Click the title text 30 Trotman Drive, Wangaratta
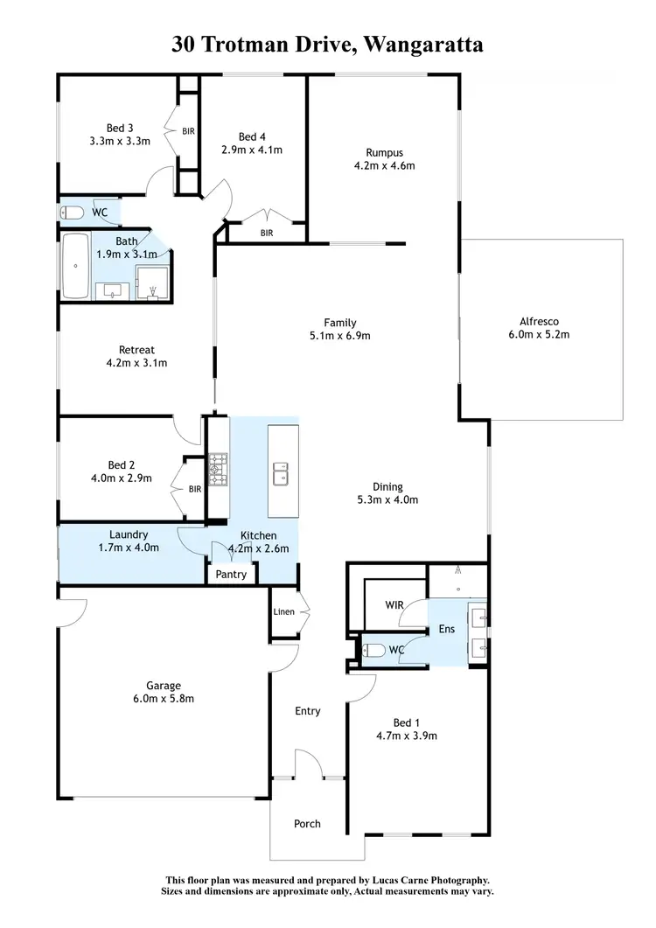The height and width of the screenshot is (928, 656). click(328, 45)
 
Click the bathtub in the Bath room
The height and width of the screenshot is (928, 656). click(75, 266)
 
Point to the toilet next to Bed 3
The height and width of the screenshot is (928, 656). click(72, 213)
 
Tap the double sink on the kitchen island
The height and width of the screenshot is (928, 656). click(282, 474)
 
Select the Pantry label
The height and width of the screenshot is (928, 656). click(231, 575)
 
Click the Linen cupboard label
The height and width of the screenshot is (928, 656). click(283, 611)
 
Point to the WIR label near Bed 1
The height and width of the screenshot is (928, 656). click(394, 604)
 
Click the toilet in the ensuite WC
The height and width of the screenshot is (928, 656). click(375, 651)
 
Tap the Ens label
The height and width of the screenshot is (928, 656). click(447, 629)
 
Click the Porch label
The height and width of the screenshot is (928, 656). click(307, 823)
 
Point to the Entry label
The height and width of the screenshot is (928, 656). click(307, 711)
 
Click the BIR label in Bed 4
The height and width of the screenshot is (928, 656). click(267, 233)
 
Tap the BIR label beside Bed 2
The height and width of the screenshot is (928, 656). click(194, 489)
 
